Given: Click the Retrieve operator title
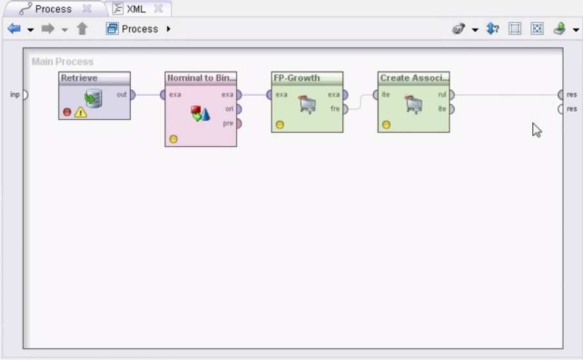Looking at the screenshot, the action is pyautogui.click(x=79, y=78).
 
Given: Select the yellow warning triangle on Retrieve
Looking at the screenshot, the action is pyautogui.click(x=80, y=112).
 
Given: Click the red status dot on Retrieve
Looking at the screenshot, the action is pyautogui.click(x=67, y=112).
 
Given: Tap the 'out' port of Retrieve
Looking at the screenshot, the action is pyautogui.click(x=133, y=94).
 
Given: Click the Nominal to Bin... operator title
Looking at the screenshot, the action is pyautogui.click(x=201, y=78).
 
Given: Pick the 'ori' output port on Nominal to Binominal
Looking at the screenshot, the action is pyautogui.click(x=238, y=109).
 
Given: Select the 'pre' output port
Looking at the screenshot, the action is pyautogui.click(x=238, y=123).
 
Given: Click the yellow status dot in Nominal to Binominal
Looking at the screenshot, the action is pyautogui.click(x=174, y=139).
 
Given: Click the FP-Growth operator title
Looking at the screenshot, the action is pyautogui.click(x=297, y=78).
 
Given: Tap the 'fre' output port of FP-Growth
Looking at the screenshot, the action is pyautogui.click(x=345, y=109).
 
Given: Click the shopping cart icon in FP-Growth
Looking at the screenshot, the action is pyautogui.click(x=307, y=104).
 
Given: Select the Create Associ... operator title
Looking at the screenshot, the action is pyautogui.click(x=414, y=78).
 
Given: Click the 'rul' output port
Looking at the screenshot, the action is pyautogui.click(x=452, y=94).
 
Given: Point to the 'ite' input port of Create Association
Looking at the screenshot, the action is pyautogui.click(x=375, y=94).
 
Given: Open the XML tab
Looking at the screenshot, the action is pyautogui.click(x=136, y=9).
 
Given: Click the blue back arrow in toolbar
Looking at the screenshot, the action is pyautogui.click(x=14, y=29).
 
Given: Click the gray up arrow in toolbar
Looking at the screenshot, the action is pyautogui.click(x=82, y=29).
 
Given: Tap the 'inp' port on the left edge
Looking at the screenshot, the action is pyautogui.click(x=25, y=94).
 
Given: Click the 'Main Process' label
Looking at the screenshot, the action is pyautogui.click(x=62, y=61).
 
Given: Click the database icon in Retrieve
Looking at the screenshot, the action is pyautogui.click(x=93, y=98).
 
